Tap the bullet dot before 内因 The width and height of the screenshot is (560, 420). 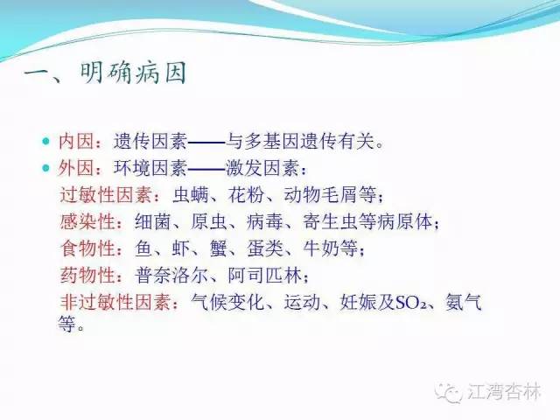[x=46, y=141]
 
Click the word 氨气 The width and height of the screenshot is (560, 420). [x=464, y=303]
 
